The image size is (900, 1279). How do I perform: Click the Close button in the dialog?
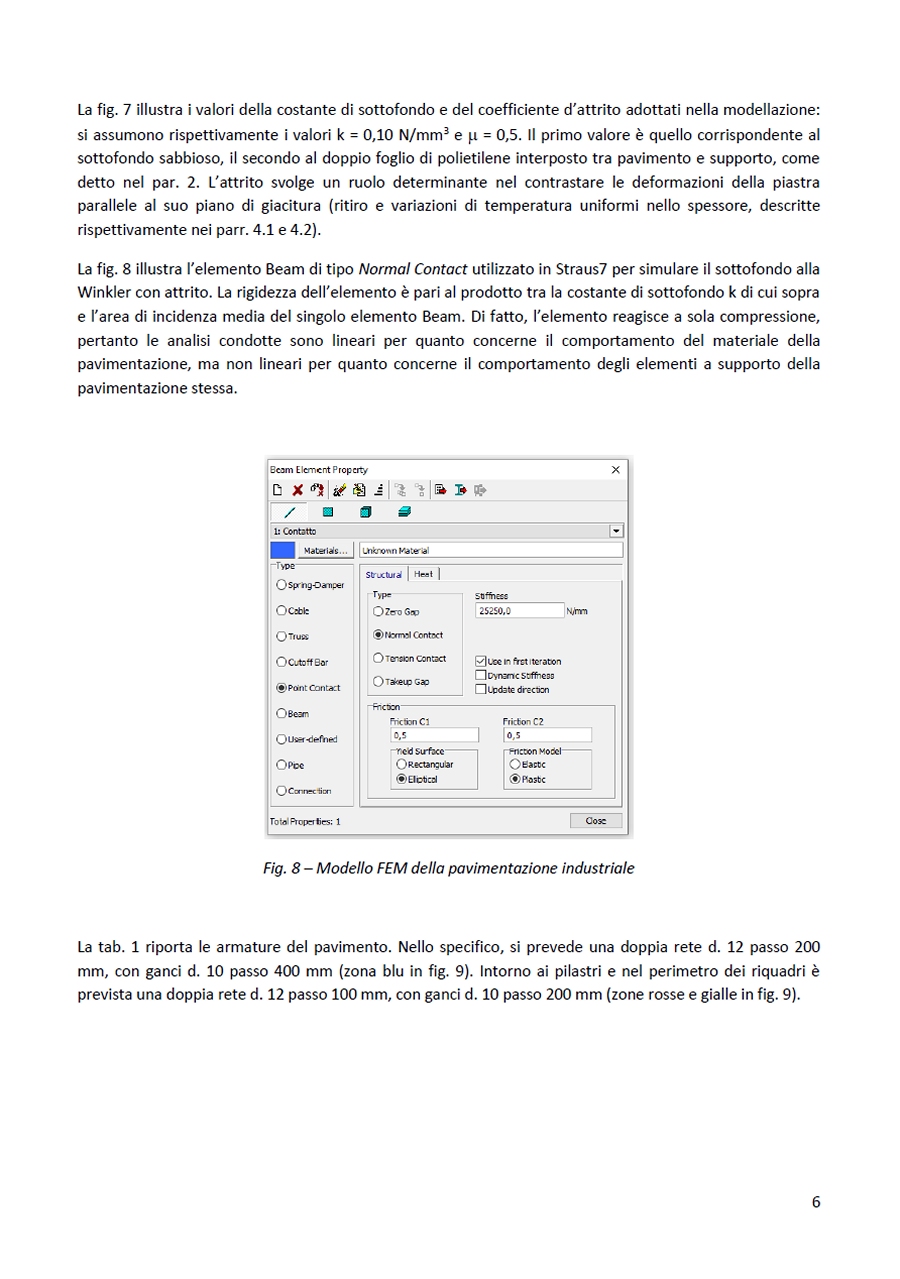595,820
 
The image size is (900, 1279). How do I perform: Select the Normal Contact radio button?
378,634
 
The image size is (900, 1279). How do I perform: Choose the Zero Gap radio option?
378,610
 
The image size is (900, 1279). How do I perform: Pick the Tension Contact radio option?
378,658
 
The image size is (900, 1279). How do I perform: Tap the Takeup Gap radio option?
378,681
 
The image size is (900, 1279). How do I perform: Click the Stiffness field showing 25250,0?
520,610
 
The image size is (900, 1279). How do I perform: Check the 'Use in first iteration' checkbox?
481,661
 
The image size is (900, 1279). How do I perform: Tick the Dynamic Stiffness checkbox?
481,675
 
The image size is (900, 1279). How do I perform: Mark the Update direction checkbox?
481,689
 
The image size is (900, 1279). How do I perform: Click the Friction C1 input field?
434,735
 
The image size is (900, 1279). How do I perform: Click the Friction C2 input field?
546,735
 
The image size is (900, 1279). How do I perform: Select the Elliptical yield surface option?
402,779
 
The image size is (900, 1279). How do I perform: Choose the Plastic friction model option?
515,779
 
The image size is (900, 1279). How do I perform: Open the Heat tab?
424,574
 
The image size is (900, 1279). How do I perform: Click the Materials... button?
325,550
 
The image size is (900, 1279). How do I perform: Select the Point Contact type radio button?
282,688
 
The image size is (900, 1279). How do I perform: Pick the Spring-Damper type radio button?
282,585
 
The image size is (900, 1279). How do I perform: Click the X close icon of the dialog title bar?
616,469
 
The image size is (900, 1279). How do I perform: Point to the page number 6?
816,1202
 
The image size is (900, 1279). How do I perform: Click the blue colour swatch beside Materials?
283,550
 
